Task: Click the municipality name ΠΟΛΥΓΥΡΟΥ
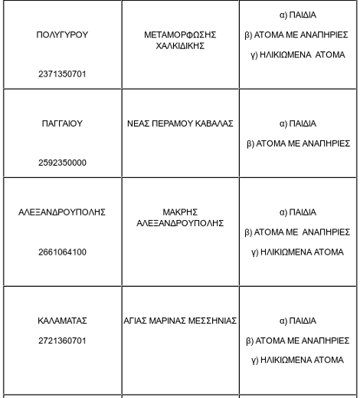click(62, 35)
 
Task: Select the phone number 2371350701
click(62, 74)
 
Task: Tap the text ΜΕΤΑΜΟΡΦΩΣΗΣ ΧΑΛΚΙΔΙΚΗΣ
click(180, 41)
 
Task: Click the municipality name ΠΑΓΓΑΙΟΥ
click(62, 123)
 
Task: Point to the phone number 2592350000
click(62, 163)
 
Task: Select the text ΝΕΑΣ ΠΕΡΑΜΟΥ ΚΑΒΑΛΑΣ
click(180, 123)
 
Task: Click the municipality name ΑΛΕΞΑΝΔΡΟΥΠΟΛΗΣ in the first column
click(62, 212)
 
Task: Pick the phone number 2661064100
click(62, 252)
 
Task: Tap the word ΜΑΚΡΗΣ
click(180, 212)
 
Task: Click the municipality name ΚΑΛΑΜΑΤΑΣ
click(62, 321)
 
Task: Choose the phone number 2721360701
click(62, 340)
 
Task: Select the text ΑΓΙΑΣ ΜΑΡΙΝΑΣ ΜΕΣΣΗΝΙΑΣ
click(180, 321)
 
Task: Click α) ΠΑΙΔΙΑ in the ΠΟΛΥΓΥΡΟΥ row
click(298, 15)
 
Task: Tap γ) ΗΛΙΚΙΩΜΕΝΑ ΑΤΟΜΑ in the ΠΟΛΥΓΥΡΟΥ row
click(298, 54)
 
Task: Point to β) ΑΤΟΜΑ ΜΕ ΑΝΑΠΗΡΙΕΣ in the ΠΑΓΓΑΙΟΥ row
click(298, 143)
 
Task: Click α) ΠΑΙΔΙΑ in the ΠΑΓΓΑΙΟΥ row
click(298, 123)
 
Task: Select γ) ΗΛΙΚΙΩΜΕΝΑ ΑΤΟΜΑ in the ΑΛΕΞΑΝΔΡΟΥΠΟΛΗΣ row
click(298, 252)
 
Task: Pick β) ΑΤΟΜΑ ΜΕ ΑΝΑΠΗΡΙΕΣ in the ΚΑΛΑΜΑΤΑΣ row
click(298, 340)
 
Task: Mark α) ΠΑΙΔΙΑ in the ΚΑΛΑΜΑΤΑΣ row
click(298, 321)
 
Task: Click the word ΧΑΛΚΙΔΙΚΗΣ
click(180, 46)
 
